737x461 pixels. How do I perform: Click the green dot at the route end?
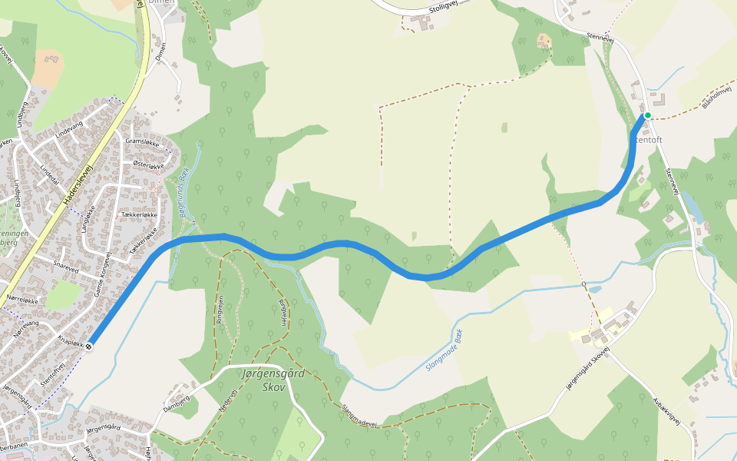click(x=647, y=115)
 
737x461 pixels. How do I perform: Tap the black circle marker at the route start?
click(x=90, y=346)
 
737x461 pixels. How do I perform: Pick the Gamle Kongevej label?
click(x=102, y=274)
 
